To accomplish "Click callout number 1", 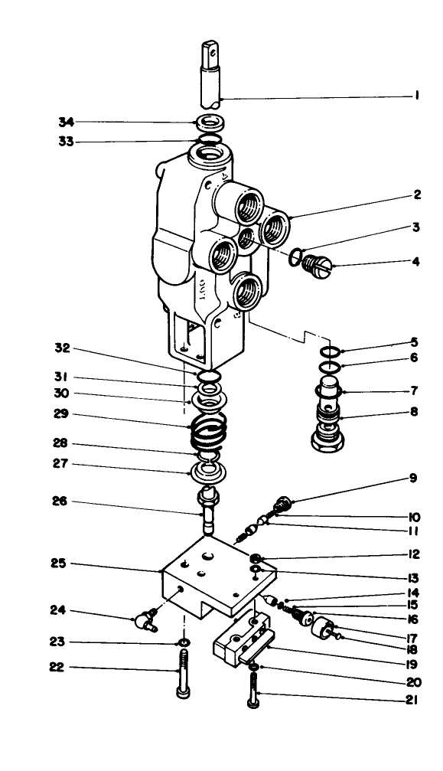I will click(416, 96).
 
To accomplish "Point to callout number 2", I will click(417, 194).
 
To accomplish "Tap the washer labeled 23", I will click(184, 641).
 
